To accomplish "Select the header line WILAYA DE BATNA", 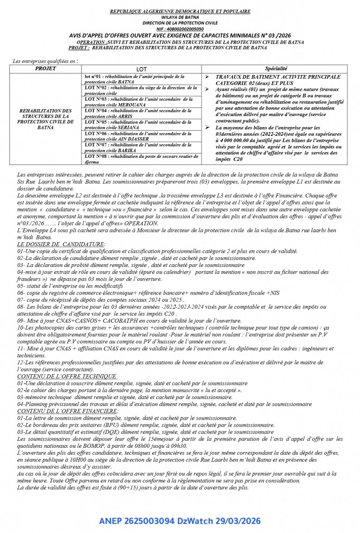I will click(x=180, y=17).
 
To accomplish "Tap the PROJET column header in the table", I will click(x=45, y=68).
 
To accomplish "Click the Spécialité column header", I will click(x=276, y=68).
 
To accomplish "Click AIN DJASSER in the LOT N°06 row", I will click(x=133, y=139).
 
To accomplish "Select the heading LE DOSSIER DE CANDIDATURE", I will click(x=61, y=244).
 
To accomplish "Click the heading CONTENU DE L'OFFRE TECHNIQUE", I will click(x=67, y=376).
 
